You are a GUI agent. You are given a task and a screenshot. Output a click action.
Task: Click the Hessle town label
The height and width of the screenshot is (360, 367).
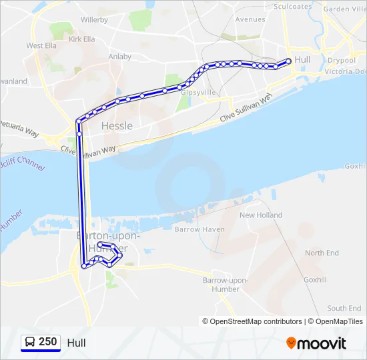coord(117,125)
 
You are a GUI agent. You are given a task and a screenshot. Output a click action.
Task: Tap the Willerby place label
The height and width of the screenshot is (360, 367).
coord(94,20)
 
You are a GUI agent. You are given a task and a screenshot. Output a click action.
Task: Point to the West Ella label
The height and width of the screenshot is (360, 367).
coord(41,45)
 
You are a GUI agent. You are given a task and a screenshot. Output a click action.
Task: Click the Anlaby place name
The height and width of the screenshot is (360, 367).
coord(119,57)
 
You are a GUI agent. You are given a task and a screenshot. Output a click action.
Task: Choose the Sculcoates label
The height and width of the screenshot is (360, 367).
coord(292,7)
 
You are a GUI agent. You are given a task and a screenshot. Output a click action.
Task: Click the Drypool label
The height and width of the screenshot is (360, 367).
coord(341,60)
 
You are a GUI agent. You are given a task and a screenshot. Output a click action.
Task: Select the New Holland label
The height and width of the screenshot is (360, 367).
coord(261,215)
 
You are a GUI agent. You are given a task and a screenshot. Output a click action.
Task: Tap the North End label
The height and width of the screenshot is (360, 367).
coord(322,253)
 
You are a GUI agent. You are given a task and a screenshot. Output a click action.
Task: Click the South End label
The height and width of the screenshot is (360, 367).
coord(344,308)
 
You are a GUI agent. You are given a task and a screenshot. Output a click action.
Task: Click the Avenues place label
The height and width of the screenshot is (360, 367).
coord(250,19)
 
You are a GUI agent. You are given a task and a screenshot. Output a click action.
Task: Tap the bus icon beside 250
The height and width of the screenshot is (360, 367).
coord(30,342)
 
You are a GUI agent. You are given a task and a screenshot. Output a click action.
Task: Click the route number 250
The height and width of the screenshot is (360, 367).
coord(47,342)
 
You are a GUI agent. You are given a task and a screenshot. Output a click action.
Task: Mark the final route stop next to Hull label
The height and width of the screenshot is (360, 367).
coord(288,61)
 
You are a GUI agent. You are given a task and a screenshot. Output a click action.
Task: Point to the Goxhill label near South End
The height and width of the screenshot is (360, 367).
coord(315,280)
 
